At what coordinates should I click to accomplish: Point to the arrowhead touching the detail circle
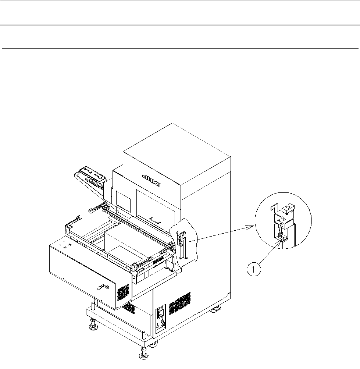pos(253,226)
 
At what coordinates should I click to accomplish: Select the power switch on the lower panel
pos(161,314)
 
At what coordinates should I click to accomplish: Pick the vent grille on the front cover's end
pos(122,293)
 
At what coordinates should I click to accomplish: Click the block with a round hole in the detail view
pos(288,211)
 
